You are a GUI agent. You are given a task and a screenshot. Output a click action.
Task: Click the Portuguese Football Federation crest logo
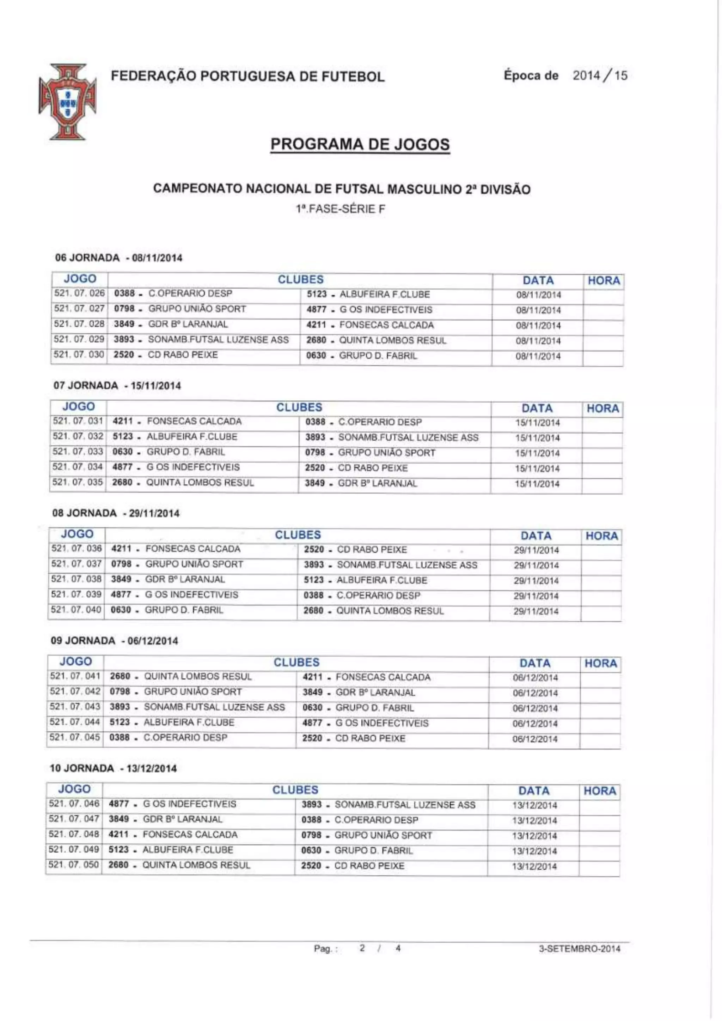[68, 102]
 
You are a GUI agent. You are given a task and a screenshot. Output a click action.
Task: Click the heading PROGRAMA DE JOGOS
[360, 145]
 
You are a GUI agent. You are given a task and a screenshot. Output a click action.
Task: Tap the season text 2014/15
[600, 75]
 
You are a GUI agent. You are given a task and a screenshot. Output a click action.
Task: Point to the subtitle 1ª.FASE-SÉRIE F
[341, 209]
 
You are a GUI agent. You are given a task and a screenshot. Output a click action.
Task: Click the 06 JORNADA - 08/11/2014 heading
[119, 258]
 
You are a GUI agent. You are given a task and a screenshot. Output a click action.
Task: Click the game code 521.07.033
[78, 452]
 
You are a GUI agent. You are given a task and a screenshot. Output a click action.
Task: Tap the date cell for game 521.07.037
[536, 566]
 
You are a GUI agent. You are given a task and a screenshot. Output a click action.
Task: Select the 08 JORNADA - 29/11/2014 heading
[116, 513]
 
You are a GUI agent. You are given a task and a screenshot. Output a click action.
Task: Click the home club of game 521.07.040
[167, 610]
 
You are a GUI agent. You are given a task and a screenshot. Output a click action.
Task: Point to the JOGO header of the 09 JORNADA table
[75, 661]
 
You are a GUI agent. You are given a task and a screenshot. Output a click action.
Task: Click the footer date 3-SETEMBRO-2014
[579, 948]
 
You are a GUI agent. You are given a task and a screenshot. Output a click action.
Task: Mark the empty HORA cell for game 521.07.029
[603, 341]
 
